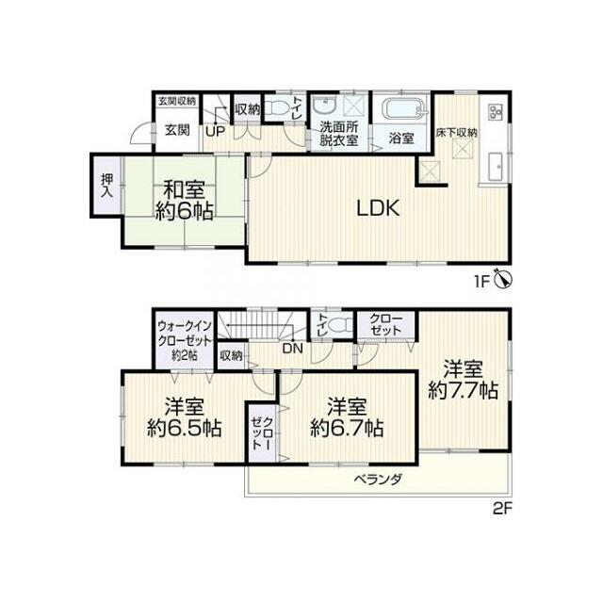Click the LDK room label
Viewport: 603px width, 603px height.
[379, 208]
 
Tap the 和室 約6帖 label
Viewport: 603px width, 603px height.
[185, 201]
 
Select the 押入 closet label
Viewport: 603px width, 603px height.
[106, 186]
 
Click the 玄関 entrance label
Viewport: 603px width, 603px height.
[177, 130]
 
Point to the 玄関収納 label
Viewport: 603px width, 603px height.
[177, 101]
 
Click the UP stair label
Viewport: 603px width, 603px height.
[215, 132]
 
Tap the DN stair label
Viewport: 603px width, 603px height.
[293, 349]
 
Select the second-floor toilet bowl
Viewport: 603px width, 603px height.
[339, 326]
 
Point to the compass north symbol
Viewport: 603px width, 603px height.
[503, 279]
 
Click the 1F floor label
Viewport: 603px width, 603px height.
[482, 282]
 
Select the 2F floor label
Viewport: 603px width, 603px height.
[503, 510]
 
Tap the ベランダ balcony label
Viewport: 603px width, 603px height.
[378, 480]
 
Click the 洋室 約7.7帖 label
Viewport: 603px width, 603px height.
[463, 380]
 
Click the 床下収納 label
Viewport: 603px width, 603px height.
[456, 133]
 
